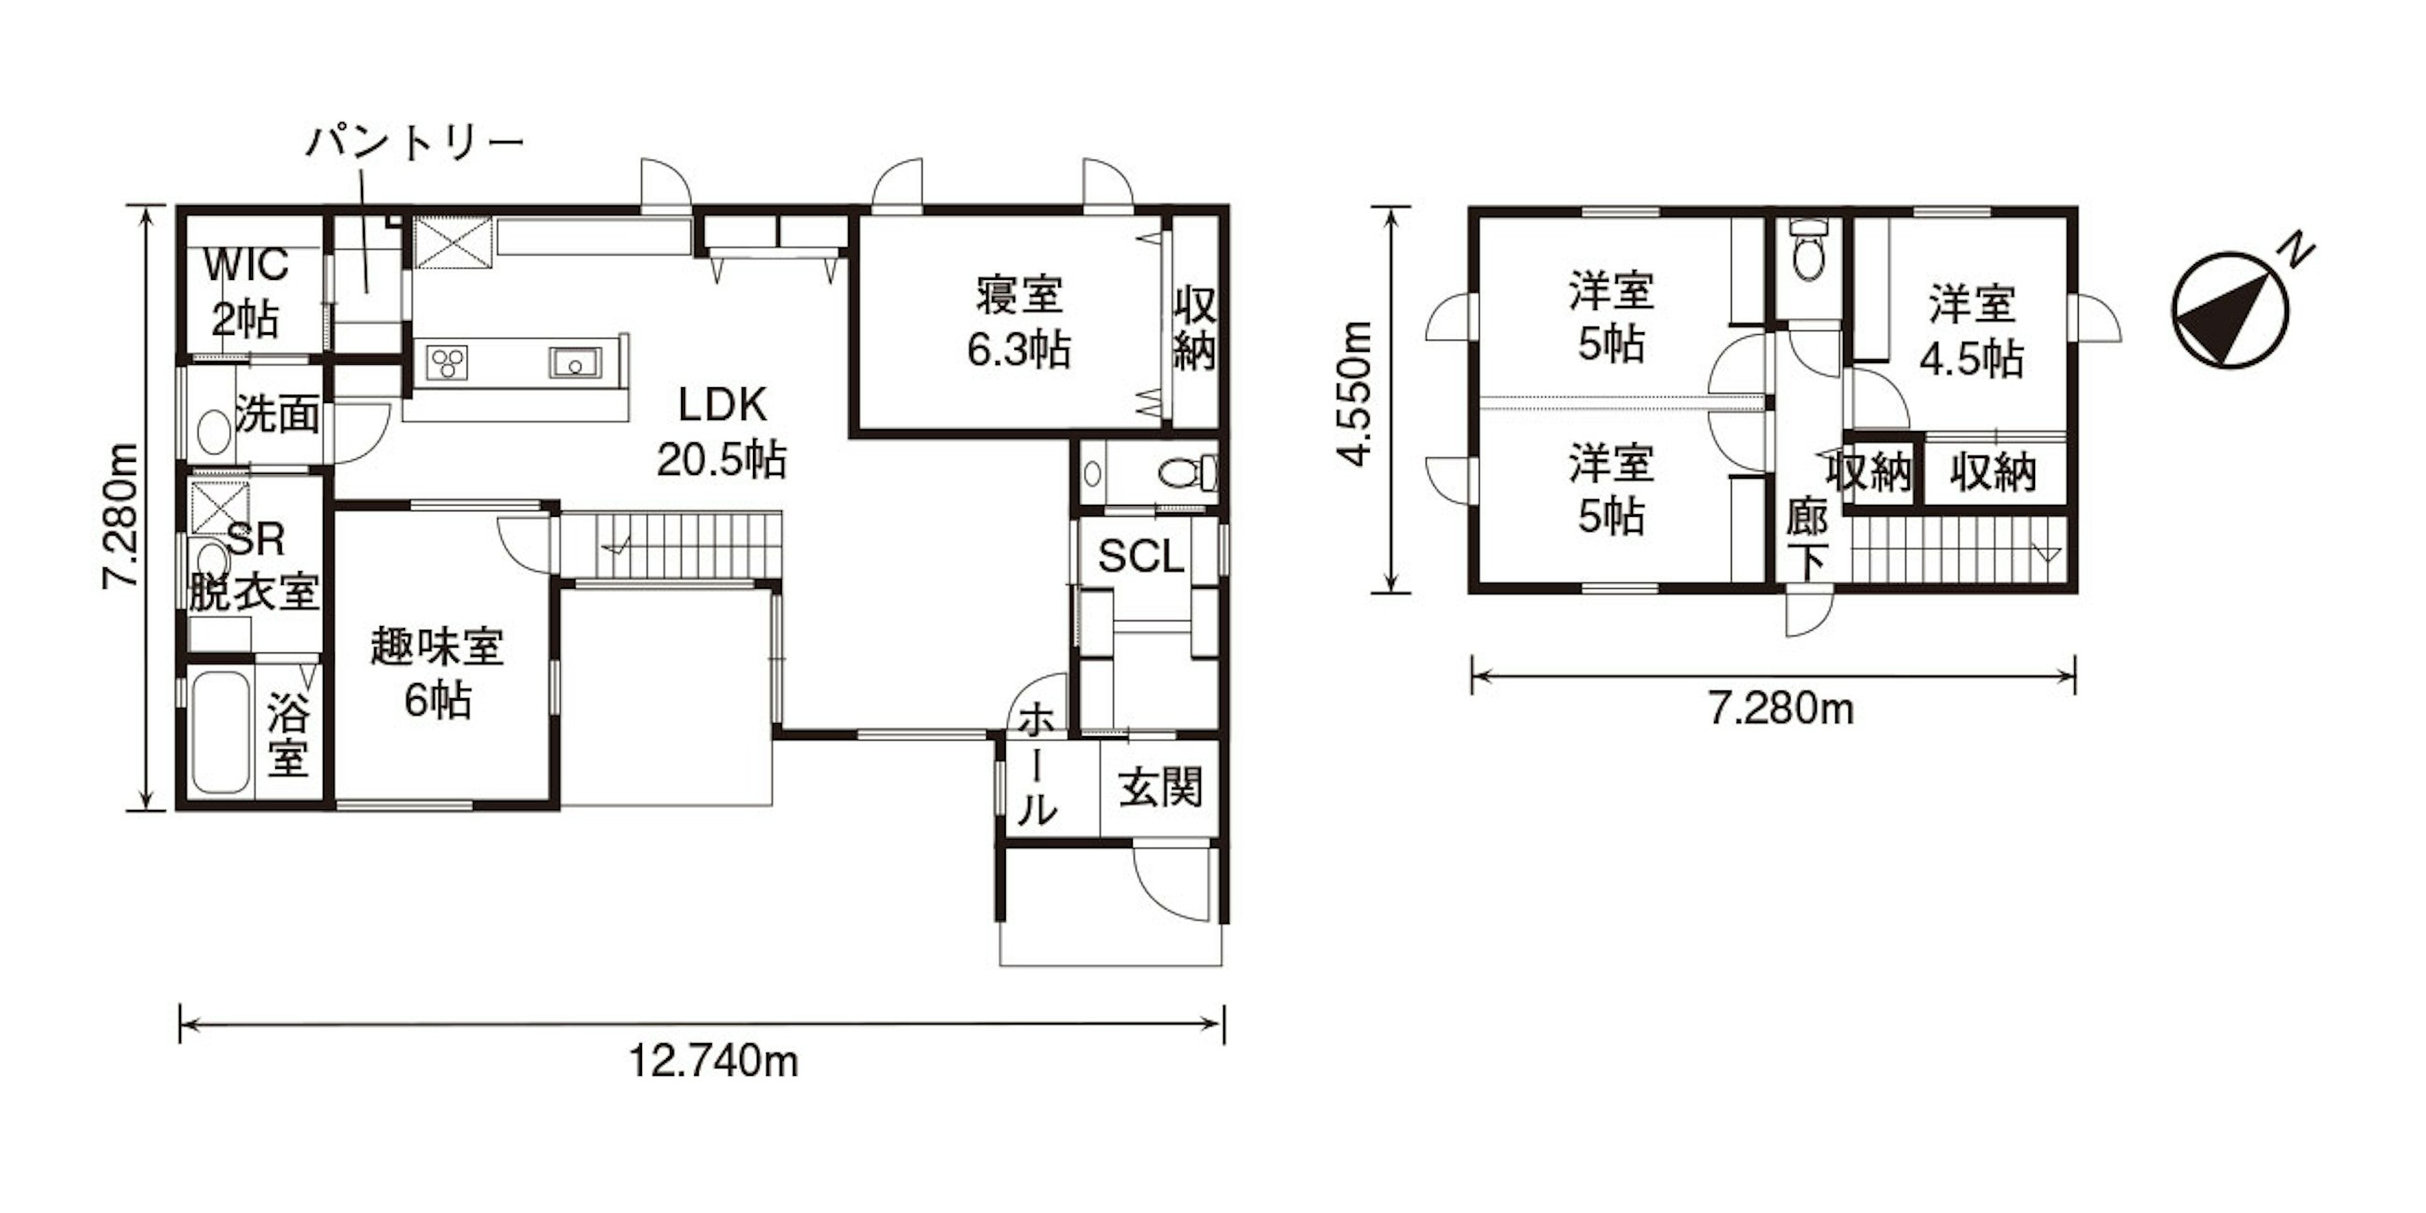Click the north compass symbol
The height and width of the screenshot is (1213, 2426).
[2229, 310]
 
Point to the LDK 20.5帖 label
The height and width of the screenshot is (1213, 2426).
[722, 432]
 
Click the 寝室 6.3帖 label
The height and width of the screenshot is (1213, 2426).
[1019, 322]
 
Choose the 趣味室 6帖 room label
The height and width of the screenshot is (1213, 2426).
[438, 673]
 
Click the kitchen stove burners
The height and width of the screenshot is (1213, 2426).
[446, 363]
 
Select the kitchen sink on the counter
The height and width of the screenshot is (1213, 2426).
[576, 363]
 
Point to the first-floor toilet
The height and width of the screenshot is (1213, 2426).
[1188, 472]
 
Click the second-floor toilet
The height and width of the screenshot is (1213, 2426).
[1807, 248]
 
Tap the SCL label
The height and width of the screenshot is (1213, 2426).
[1140, 557]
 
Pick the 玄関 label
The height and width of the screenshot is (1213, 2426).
[1160, 788]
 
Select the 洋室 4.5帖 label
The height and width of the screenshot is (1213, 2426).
[1971, 332]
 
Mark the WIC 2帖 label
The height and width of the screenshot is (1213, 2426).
[245, 292]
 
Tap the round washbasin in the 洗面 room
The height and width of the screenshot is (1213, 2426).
[215, 432]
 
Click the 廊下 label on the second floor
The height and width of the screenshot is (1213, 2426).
[1806, 540]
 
